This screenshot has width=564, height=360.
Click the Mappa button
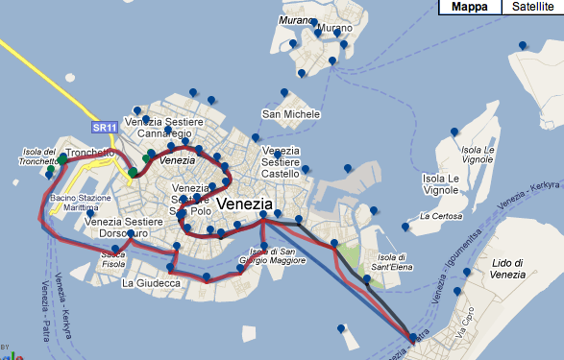coord(471,7)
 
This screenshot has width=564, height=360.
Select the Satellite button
coord(532,7)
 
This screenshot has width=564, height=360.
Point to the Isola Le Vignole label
coord(477,156)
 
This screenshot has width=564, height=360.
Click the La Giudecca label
coord(152,283)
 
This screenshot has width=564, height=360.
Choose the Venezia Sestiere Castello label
coord(282,162)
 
